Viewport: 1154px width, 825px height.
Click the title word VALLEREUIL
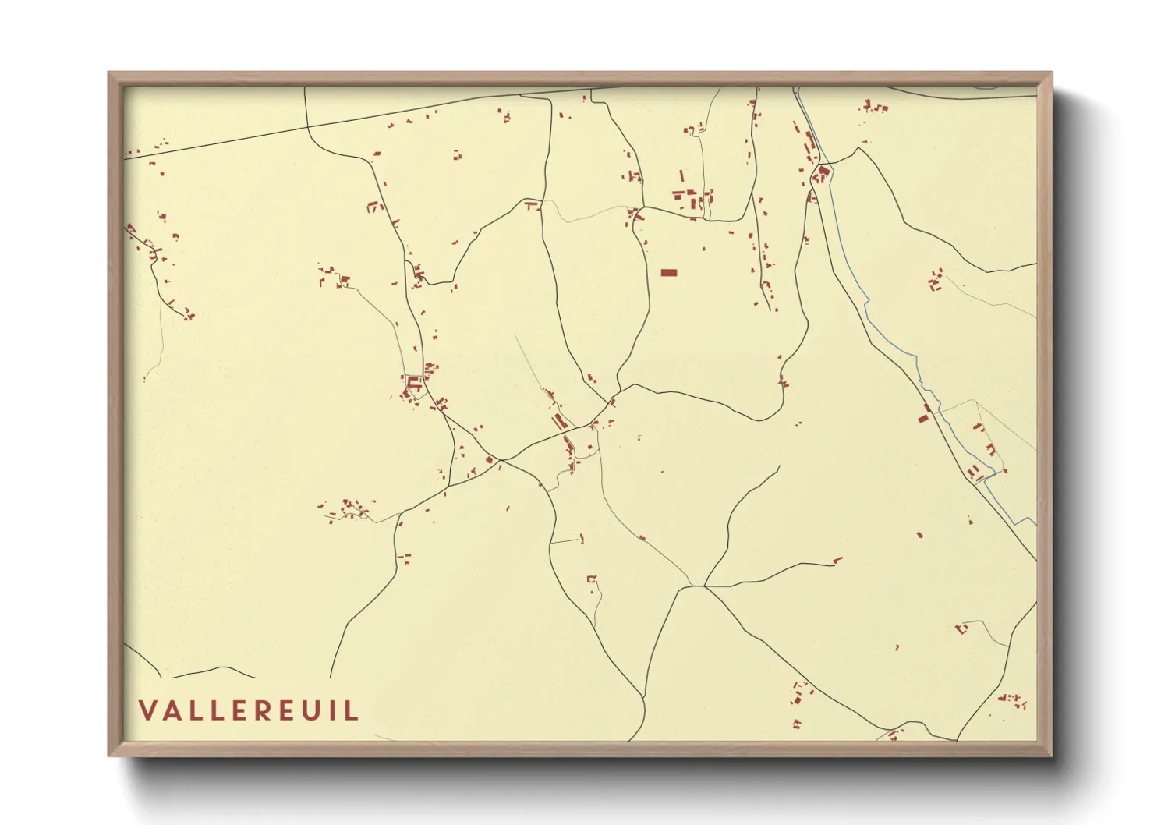[249, 710]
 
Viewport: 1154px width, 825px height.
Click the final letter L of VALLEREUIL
[352, 710]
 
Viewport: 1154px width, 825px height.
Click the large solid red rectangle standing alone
[669, 272]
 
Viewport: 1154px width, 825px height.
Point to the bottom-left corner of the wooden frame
[110, 754]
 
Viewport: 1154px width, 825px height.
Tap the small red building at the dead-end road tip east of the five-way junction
[837, 559]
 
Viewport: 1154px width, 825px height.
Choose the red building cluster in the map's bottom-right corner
[1014, 699]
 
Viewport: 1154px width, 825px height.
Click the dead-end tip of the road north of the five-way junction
[778, 467]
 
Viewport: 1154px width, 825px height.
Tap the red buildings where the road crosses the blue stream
[822, 173]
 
